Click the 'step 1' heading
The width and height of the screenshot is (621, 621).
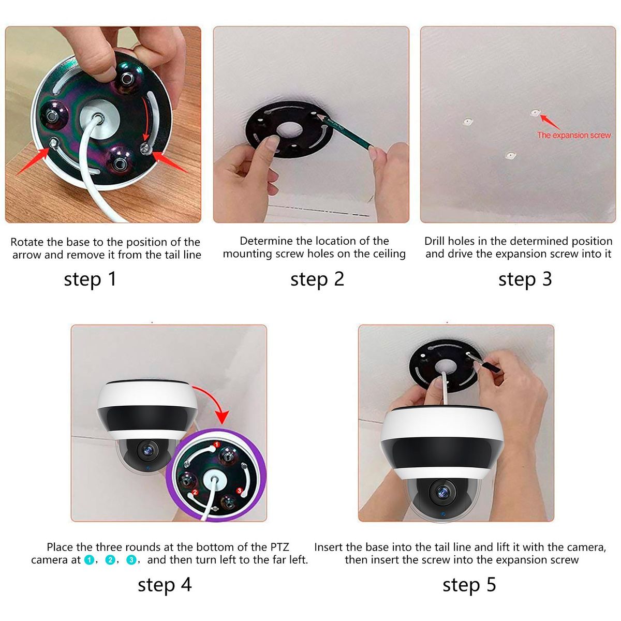[90, 279]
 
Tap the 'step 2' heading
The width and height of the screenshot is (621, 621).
[317, 279]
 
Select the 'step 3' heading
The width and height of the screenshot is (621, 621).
[525, 279]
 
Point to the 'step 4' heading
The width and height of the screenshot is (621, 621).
[165, 585]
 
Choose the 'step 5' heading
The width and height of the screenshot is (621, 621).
[469, 585]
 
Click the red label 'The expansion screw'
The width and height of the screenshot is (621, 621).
[574, 136]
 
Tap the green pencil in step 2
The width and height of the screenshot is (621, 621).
[348, 132]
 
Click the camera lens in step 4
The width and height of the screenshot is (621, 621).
[148, 451]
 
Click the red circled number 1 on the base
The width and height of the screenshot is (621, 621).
[217, 445]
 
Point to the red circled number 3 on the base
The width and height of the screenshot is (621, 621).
[240, 491]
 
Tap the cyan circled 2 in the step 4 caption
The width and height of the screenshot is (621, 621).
[110, 560]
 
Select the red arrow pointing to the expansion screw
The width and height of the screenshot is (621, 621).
[551, 122]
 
